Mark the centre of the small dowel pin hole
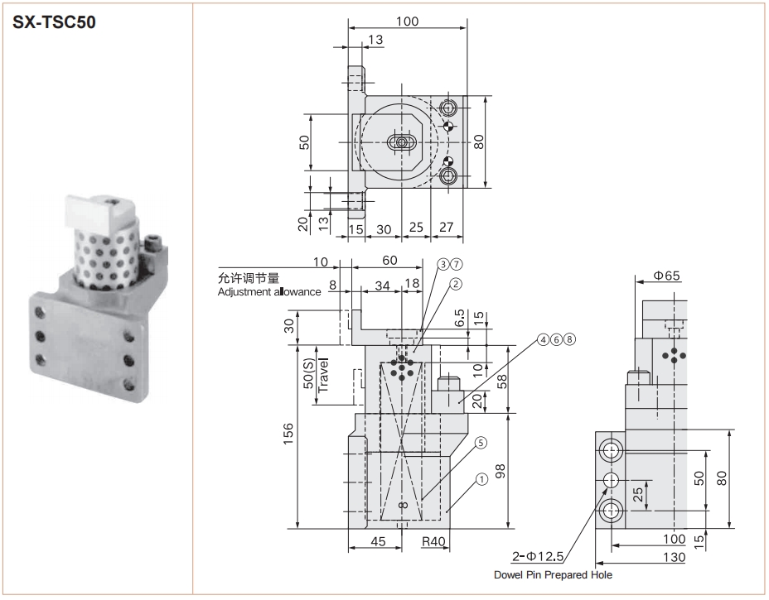click(x=612, y=480)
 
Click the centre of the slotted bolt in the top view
click(x=402, y=142)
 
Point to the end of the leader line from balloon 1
click(x=447, y=511)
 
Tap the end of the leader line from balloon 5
click(x=422, y=499)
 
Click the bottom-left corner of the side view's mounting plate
click(x=596, y=529)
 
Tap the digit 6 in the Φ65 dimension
click(x=667, y=276)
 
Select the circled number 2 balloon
click(x=456, y=284)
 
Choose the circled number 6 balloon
click(x=556, y=339)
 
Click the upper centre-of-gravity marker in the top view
click(x=447, y=127)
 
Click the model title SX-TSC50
click(x=54, y=22)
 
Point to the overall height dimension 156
click(x=288, y=434)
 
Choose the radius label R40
click(x=433, y=541)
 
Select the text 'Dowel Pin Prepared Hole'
click(x=553, y=575)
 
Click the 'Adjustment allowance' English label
click(x=269, y=292)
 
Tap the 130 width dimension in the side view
click(x=674, y=557)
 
